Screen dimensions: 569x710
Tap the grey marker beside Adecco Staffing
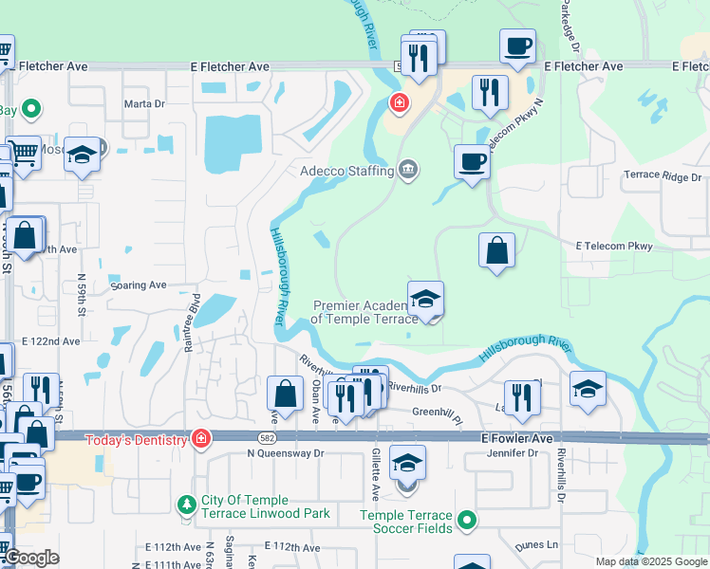409,171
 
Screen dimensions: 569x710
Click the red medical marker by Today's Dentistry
200,439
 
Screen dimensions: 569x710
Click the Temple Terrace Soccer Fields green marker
466,520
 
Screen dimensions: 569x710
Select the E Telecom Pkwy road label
614,247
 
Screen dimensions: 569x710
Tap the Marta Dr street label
145,104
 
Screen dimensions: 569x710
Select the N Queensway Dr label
286,453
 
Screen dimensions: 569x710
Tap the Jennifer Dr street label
513,453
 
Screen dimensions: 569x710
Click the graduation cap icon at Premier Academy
426,299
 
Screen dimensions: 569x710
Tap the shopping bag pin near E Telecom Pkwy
496,250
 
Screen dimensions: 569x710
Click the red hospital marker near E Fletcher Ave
399,102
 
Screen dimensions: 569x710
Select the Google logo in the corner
32,559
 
